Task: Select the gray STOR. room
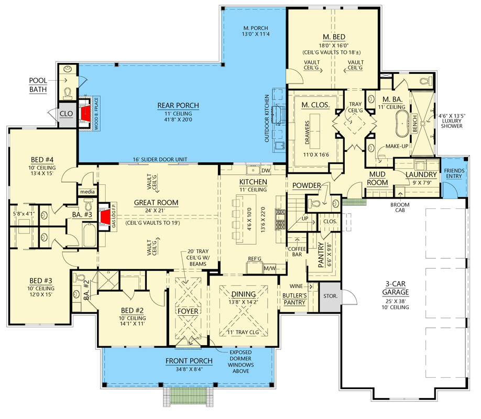click(331, 296)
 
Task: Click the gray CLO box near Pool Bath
click(66, 113)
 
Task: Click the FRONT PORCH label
click(189, 361)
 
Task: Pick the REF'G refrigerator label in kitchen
click(255, 259)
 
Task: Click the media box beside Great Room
click(86, 192)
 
